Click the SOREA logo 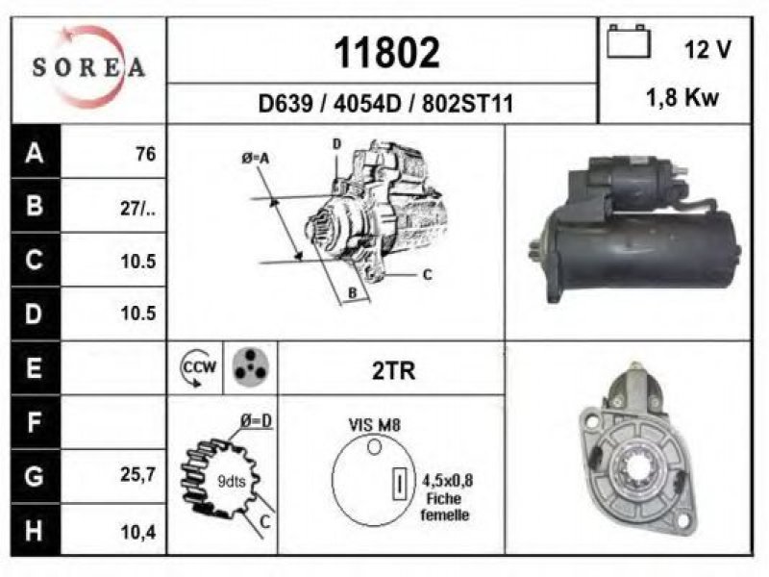(88, 67)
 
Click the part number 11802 (386, 53)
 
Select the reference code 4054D (367, 104)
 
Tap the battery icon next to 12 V (629, 41)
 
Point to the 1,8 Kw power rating (682, 98)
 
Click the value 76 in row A (146, 154)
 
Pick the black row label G (35, 476)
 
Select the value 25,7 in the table (138, 474)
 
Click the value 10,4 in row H (138, 532)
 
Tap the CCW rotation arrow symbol (198, 368)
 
